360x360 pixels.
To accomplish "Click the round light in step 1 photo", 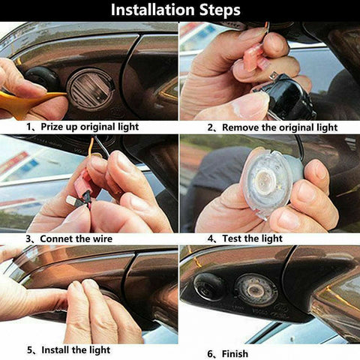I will pos(91,88).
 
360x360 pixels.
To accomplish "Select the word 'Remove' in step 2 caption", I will pos(238,127).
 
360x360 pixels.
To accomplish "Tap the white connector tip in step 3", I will pos(71,201).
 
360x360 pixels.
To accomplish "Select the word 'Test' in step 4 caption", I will pos(232,239).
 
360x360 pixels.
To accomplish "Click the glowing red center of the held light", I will pos(265,184).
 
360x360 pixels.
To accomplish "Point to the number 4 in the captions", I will pos(211,239).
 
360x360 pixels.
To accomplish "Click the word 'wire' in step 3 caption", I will pos(100,239).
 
